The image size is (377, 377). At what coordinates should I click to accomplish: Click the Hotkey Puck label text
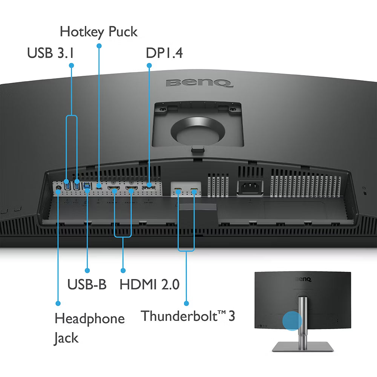tap(99, 32)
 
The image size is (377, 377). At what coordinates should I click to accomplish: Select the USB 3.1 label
tap(50, 53)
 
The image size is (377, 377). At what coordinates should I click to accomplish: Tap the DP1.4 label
tap(164, 53)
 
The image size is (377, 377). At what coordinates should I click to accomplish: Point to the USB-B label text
tap(87, 284)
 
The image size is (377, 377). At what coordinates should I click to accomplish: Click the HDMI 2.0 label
tap(149, 284)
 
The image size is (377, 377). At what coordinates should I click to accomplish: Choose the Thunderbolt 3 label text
tap(188, 316)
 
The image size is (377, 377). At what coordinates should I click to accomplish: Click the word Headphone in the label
tap(89, 319)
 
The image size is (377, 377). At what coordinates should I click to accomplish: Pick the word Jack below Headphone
tap(66, 338)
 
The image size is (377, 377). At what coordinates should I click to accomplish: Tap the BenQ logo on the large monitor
tap(199, 82)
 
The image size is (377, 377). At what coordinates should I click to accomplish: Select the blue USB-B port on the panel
tap(87, 185)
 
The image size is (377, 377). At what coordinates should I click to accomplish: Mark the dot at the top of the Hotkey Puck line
tap(99, 46)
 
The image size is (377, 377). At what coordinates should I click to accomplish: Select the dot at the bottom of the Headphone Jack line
tap(58, 303)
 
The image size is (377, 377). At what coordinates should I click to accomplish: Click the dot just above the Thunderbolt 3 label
tap(186, 303)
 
